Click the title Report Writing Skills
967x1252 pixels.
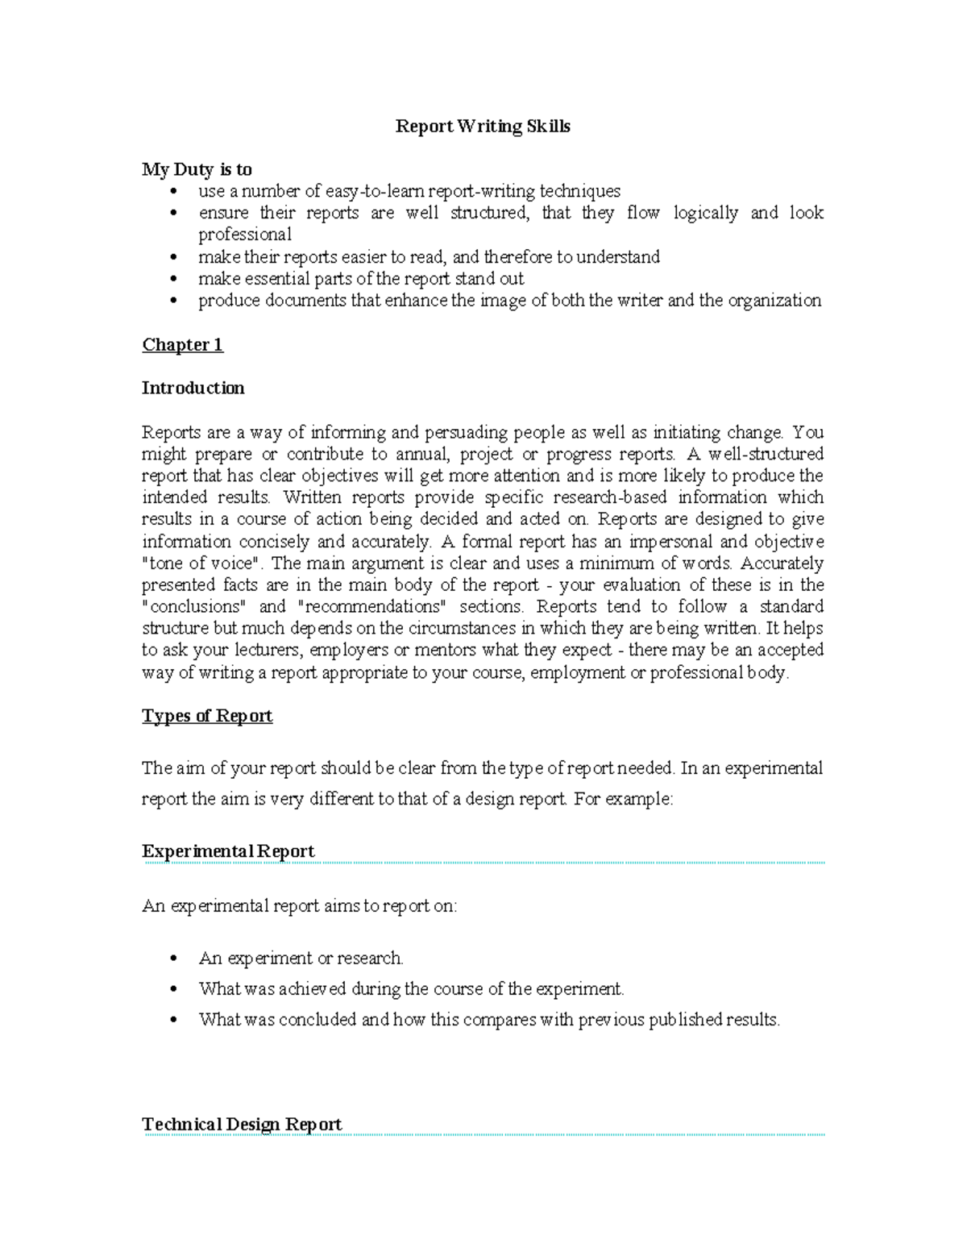click(x=483, y=127)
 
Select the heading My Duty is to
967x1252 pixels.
click(x=197, y=169)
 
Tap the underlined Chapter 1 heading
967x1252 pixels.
click(x=182, y=345)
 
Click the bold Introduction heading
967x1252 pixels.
click(x=193, y=389)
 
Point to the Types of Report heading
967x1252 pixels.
click(x=207, y=716)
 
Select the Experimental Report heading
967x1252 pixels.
click(x=228, y=851)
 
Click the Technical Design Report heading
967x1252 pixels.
click(x=242, y=1124)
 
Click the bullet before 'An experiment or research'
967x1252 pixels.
click(x=173, y=959)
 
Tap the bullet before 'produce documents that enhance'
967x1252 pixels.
click(x=173, y=301)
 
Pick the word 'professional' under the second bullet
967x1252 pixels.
click(x=245, y=235)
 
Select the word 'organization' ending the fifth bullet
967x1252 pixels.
click(x=774, y=301)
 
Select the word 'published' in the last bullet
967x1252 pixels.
click(x=685, y=1020)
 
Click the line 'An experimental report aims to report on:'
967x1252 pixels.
click(x=299, y=906)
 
